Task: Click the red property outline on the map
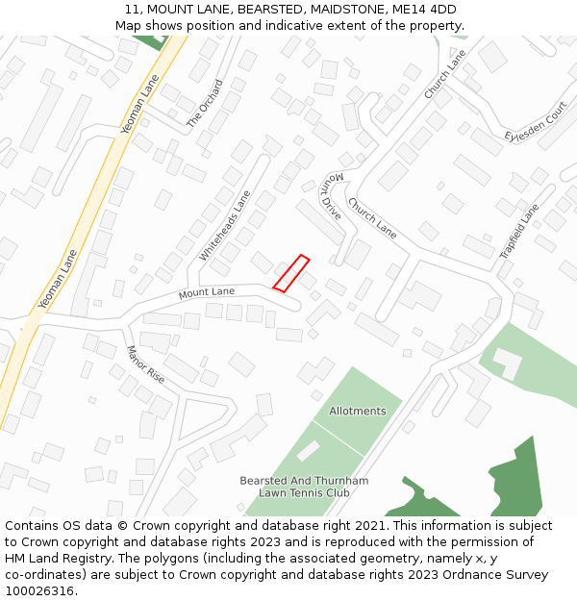[290, 272]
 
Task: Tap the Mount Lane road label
[206, 291]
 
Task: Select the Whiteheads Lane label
[224, 225]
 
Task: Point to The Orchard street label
[204, 103]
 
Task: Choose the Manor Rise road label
[145, 364]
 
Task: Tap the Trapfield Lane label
[519, 231]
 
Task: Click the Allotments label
[357, 411]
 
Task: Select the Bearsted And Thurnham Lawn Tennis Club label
[304, 487]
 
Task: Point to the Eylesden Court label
[537, 127]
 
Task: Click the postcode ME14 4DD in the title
[427, 10]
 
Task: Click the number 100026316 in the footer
[38, 590]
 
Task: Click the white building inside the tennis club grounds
[308, 450]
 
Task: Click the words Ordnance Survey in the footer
[501, 574]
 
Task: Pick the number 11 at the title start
[130, 10]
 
